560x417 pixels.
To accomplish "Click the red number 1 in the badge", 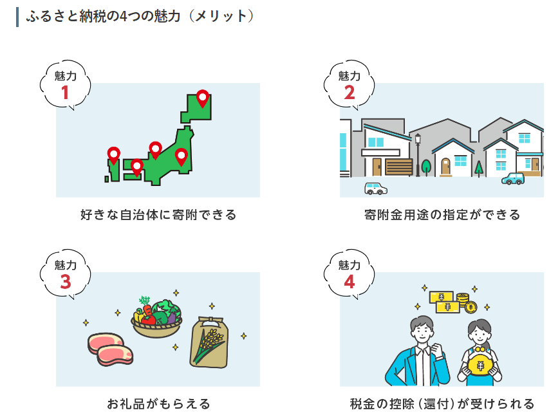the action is tap(64, 93).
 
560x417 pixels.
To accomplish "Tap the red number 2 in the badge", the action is tap(350, 93).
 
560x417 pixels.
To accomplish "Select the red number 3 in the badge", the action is tap(66, 282).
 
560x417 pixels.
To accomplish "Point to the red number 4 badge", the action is tap(350, 282).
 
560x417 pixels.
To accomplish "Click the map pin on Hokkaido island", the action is tap(203, 98).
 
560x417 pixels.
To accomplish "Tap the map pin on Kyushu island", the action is tap(113, 155).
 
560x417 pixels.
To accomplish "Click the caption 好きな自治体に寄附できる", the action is tap(158, 215).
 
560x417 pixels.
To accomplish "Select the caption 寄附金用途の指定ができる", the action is tap(442, 215).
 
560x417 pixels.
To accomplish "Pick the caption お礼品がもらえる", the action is tap(158, 404).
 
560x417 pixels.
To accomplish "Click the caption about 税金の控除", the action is tap(442, 404).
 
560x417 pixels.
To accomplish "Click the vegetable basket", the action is tap(156, 317).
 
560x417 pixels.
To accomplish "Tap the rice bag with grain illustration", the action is tap(209, 342).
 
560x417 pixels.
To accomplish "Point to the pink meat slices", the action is tap(110, 349).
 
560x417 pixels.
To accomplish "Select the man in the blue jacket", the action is tap(418, 351).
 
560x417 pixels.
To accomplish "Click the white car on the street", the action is tap(375, 189).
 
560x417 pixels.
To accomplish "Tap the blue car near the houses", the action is tap(513, 178).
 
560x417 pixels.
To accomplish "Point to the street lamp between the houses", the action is tap(418, 155).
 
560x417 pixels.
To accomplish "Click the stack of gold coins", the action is tap(463, 300).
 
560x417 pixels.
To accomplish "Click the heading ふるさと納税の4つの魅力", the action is tap(103, 17).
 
